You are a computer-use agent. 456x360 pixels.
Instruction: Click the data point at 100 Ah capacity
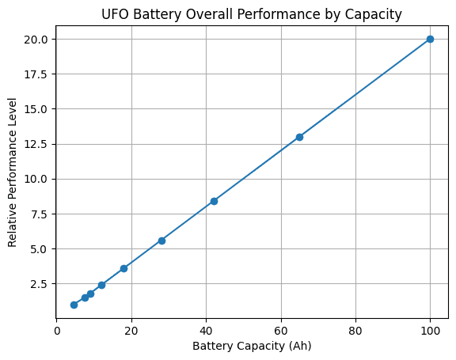[x=430, y=40]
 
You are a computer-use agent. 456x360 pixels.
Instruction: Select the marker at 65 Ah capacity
[x=299, y=137]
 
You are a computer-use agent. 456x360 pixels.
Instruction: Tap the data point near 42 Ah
[x=214, y=201]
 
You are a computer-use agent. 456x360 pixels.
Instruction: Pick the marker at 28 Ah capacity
[x=161, y=241]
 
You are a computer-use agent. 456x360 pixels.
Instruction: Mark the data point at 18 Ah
[x=123, y=268]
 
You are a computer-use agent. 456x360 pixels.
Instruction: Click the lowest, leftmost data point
[x=74, y=305]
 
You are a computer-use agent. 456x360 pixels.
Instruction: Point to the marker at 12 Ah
[x=101, y=285]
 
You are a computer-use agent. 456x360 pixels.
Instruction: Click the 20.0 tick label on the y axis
[x=36, y=40]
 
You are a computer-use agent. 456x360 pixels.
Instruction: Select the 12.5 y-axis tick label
[x=36, y=145]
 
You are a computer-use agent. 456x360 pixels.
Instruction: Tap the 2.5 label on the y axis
[x=39, y=284]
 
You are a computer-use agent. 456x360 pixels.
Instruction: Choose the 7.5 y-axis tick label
[x=39, y=214]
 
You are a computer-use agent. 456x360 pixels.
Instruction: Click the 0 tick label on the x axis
[x=57, y=331]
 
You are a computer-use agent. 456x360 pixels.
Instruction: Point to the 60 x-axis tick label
[x=280, y=331]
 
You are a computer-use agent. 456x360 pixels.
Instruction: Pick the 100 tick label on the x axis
[x=430, y=331]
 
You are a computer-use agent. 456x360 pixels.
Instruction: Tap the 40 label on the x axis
[x=206, y=331]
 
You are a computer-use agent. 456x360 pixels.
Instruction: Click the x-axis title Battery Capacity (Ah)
[x=252, y=346]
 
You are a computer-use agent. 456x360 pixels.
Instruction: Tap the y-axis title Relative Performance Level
[x=12, y=172]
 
